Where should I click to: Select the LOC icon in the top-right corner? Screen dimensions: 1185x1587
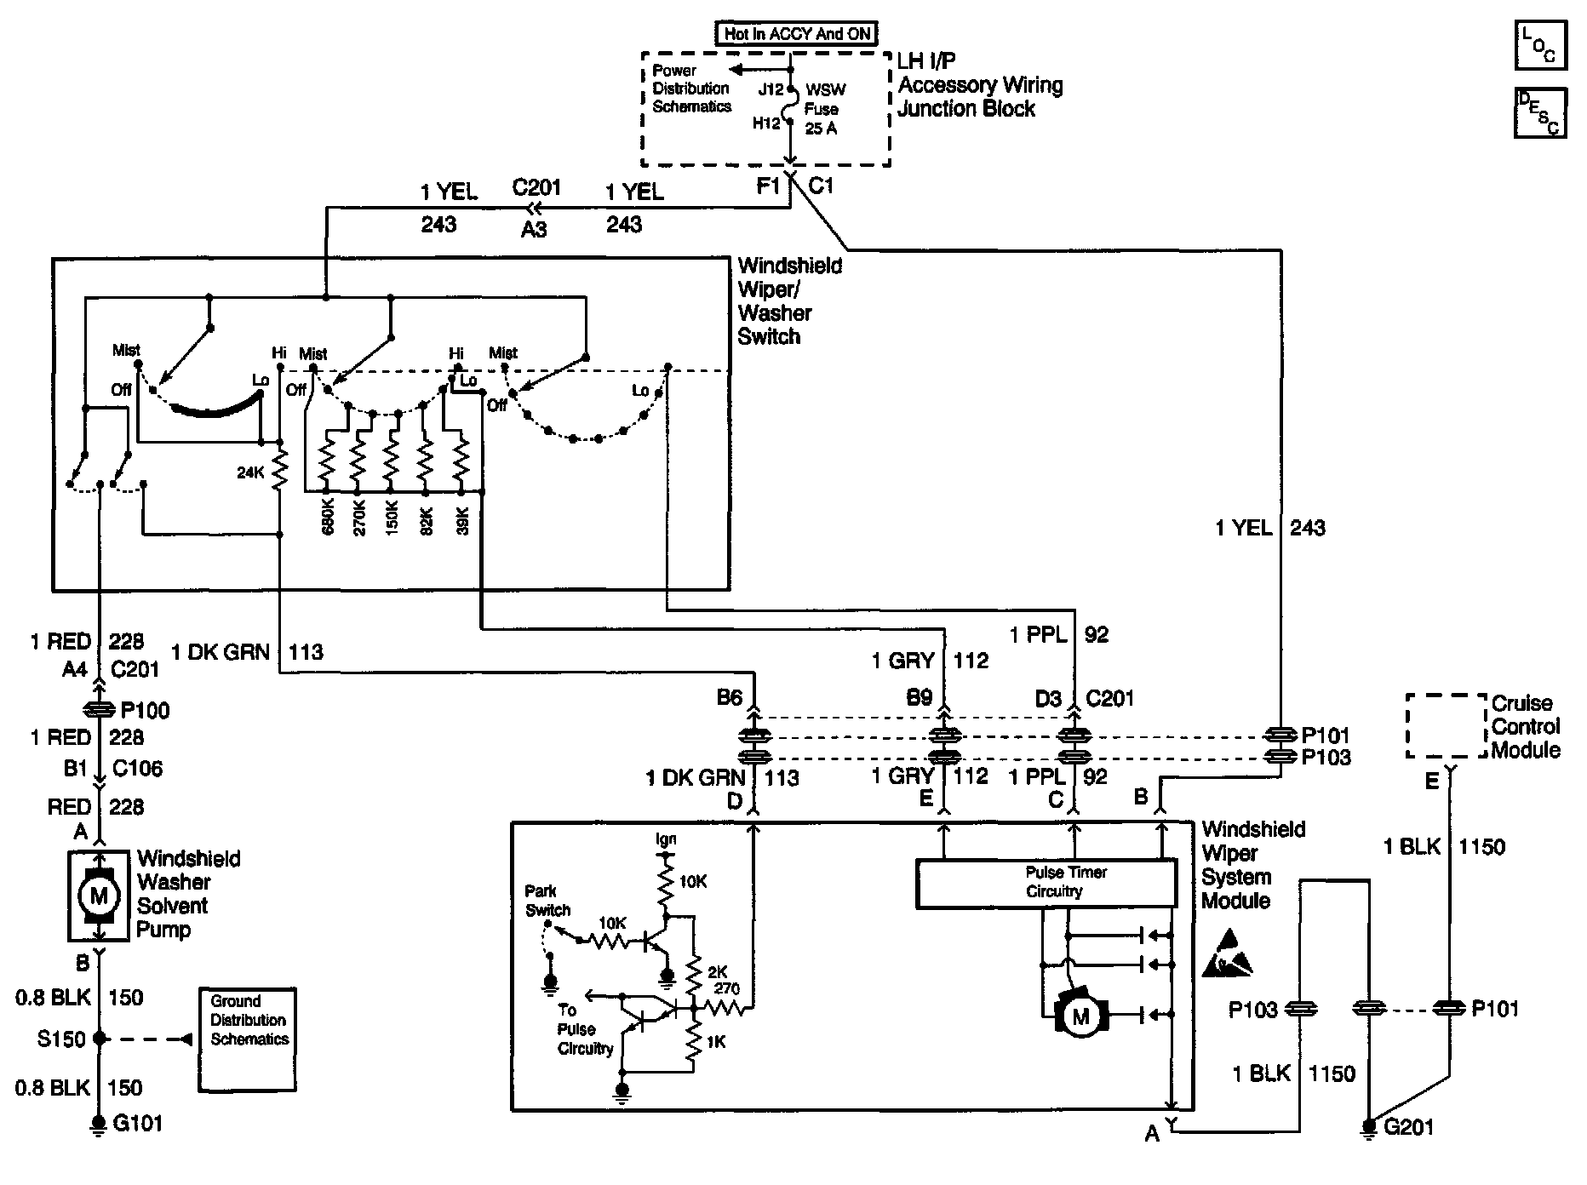click(x=1539, y=45)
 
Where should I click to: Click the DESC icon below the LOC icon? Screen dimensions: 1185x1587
click(x=1539, y=112)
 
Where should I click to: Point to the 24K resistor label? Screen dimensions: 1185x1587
click(x=251, y=472)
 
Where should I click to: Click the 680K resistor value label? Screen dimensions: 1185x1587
click(x=327, y=517)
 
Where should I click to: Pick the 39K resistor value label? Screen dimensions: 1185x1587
click(x=462, y=517)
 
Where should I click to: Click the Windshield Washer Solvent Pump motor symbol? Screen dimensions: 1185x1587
click(x=99, y=895)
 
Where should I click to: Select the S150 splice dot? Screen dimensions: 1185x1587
click(x=100, y=1039)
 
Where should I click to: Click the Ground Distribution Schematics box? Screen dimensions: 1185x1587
click(x=248, y=1039)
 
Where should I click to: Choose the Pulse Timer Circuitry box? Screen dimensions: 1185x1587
click(x=1046, y=883)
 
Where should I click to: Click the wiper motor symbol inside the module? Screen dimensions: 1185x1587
click(x=1080, y=1015)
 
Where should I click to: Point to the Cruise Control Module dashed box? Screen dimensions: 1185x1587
click(x=1446, y=726)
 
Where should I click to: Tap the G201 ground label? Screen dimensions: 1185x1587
click(x=1409, y=1127)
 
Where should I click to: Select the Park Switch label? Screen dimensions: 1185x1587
click(x=547, y=901)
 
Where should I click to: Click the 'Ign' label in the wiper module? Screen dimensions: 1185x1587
click(x=666, y=839)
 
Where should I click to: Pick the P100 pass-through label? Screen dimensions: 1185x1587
click(x=146, y=710)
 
